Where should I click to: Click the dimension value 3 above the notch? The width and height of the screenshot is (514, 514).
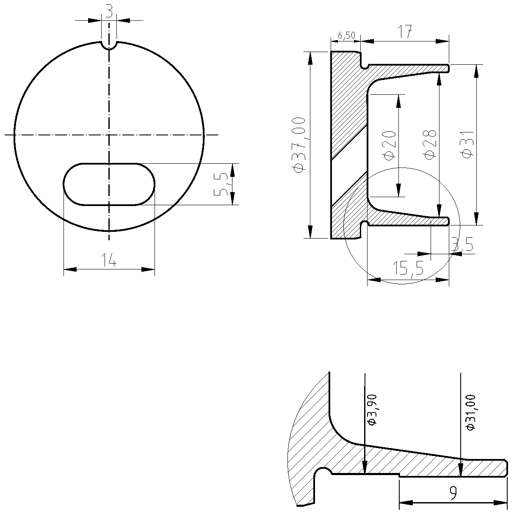point(109,11)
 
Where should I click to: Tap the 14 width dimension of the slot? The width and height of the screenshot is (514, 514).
point(109,260)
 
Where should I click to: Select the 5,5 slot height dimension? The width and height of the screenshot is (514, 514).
point(221,184)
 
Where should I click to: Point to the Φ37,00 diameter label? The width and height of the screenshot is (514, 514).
point(299,145)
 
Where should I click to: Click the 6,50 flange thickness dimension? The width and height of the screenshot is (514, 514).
point(346,35)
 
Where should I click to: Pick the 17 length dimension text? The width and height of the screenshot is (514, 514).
point(404,32)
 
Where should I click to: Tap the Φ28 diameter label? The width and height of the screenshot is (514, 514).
point(430,145)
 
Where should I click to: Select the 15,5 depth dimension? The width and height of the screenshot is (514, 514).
point(408,268)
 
